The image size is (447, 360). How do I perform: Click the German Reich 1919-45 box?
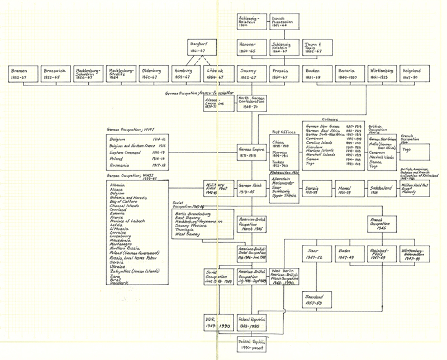[250, 189]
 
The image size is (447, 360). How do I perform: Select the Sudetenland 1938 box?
[382, 189]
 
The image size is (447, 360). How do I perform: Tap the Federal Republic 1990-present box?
[250, 344]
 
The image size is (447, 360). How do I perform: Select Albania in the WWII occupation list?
[119, 184]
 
